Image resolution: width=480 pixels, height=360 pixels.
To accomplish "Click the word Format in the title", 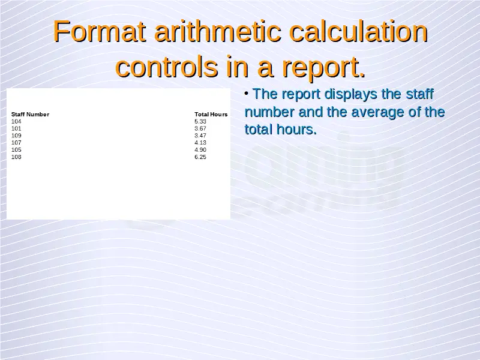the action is pos(100,31).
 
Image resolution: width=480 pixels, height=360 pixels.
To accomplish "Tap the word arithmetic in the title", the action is pos(218,31).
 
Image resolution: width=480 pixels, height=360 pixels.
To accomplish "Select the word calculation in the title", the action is pos(358,31).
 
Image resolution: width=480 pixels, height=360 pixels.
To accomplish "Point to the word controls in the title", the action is pos(167,67).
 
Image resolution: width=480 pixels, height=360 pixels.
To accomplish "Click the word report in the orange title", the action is pos(323,68).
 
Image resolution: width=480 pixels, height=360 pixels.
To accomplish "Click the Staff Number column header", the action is pos(31,115).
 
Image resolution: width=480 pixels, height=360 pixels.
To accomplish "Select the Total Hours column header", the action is pos(211,115).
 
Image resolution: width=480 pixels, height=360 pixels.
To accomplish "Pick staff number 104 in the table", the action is pos(16,122).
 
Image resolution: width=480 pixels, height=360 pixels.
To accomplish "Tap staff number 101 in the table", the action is pos(16,128).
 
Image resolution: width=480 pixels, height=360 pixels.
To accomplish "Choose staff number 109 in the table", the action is pos(16,136).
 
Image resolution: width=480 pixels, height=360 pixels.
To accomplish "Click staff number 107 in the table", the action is pos(16,143).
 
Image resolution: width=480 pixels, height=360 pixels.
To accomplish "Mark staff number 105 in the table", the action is pos(16,149).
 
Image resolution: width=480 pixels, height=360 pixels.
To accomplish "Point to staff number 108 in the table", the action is pos(16,157).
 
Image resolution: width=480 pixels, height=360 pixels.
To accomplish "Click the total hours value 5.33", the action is pos(200,122).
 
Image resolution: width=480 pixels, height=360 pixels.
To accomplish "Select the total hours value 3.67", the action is pos(200,128).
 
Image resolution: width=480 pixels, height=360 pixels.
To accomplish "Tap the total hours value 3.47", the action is pos(200,136).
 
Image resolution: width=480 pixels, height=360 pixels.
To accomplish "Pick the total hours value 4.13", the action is pos(200,143).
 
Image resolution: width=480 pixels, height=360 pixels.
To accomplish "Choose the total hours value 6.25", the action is pos(200,157).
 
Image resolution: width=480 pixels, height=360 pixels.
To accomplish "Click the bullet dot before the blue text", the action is pos(247,93).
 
